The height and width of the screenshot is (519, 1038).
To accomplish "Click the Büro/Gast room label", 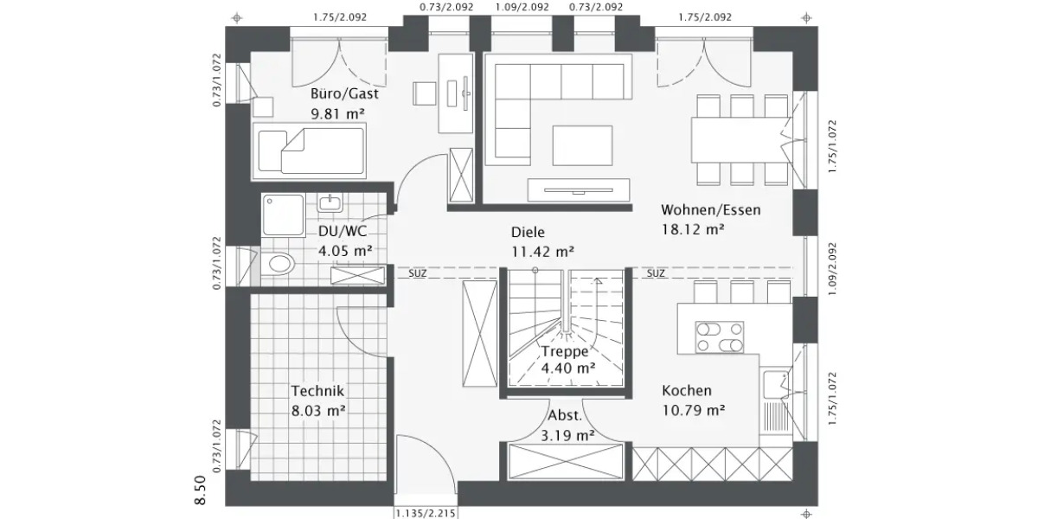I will pos(349,94).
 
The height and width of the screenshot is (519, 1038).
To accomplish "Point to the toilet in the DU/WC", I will pos(279,264).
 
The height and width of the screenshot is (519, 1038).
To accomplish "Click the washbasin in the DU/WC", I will pos(329,204).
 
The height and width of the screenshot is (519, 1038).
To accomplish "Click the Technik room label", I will pos(318,391).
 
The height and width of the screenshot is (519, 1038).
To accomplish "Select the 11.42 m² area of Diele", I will pos(542,252).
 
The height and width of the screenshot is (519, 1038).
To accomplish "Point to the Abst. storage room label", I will pos(566,417).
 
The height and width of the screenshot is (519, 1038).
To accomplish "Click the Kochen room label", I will pos(687,390).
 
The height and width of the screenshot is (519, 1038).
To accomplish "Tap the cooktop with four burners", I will pos(720,336).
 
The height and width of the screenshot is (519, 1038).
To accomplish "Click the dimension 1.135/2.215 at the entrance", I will pos(426,513).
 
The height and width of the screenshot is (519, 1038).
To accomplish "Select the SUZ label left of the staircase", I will pos(418,273).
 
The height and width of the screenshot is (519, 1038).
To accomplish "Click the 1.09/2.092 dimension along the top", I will pos(522,7).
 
